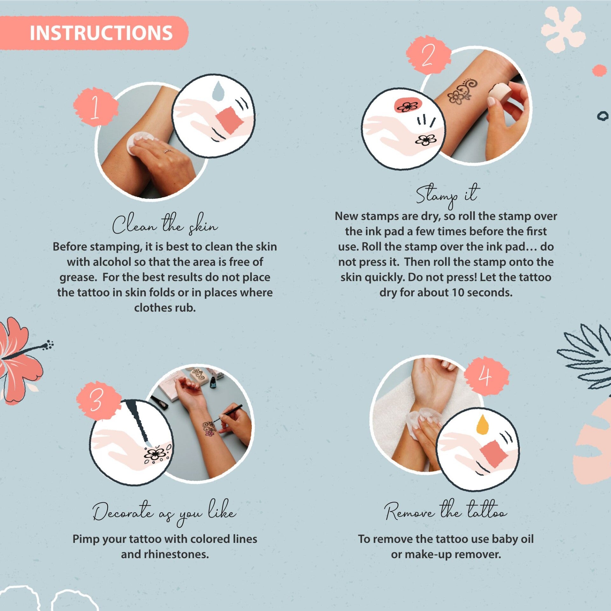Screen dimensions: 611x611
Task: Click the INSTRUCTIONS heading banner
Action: [x=94, y=33]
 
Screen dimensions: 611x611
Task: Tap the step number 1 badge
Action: [x=95, y=107]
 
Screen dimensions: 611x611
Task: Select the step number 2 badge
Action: [x=428, y=55]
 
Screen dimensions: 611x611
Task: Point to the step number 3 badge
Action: [x=98, y=400]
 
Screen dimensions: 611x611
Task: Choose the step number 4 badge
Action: [x=486, y=376]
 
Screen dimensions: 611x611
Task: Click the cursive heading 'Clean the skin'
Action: [x=165, y=224]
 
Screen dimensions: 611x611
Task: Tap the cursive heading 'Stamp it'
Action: [x=447, y=194]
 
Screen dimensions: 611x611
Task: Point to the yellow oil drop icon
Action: [x=482, y=425]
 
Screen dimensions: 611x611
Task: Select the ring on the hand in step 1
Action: [x=167, y=151]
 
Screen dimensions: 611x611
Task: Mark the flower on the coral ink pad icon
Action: [x=408, y=106]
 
